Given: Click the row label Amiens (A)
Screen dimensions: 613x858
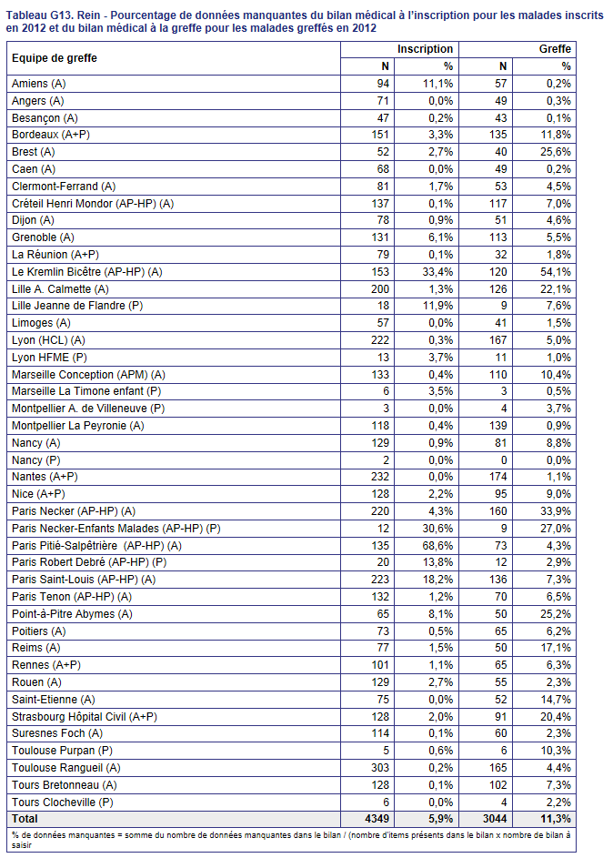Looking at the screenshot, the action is (x=38, y=84).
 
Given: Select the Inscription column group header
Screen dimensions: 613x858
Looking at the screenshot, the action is (x=425, y=49).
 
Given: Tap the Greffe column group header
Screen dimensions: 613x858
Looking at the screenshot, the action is (x=555, y=49).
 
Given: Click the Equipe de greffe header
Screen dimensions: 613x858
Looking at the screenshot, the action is (x=55, y=58).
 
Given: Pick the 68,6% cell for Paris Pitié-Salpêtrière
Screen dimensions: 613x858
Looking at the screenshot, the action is (x=437, y=546).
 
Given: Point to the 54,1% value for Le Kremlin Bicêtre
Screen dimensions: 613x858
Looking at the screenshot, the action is (x=556, y=272).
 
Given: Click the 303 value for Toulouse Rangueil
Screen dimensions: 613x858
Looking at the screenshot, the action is (x=380, y=768).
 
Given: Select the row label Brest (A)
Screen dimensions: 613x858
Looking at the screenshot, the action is (x=34, y=152).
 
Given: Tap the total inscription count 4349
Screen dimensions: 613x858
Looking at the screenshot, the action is (x=377, y=819).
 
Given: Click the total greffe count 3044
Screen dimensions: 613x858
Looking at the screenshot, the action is (x=495, y=819).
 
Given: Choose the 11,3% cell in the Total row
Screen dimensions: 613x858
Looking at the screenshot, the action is (x=556, y=819).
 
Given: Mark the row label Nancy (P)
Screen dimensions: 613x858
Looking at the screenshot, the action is (x=36, y=460).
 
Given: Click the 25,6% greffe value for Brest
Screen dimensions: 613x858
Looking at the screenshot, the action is (x=556, y=152).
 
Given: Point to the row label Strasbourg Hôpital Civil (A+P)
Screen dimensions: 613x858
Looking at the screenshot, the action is (x=85, y=717).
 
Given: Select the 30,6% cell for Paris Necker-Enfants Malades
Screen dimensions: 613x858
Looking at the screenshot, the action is (x=437, y=529).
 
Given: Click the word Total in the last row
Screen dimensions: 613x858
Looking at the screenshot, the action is (x=25, y=819).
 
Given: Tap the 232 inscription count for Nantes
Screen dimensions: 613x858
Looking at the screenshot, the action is (x=380, y=477).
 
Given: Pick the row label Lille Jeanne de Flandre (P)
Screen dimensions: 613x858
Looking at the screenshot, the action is (x=77, y=306).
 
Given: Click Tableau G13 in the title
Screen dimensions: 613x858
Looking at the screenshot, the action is (x=37, y=15).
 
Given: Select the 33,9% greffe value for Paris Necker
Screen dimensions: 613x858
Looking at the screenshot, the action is (x=556, y=511).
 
